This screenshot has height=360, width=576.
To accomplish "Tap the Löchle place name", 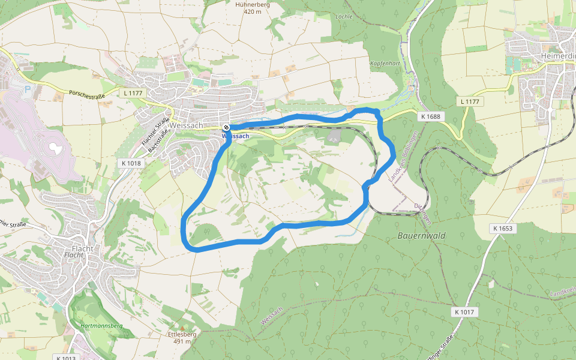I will point(343,16).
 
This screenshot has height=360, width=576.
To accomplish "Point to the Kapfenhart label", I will point(385,63).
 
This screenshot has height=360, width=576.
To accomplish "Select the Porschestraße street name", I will point(86,94).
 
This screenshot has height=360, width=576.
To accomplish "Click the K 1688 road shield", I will point(431,116).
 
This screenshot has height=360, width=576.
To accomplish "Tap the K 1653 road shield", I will point(503,228).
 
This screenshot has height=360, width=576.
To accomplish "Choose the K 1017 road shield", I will point(464,312).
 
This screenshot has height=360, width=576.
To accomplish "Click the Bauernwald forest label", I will point(421,236).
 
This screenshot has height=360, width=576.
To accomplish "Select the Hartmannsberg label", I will point(101,326).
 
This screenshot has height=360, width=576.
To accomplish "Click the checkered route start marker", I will point(226,127).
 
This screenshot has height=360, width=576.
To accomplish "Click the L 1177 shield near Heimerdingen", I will point(470,101).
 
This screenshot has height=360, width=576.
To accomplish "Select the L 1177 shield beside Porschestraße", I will point(134,92).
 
